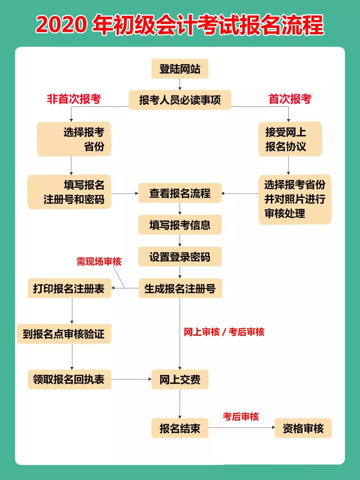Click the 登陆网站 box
tap(180, 69)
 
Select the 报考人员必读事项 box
tap(180, 100)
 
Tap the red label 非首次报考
tap(74, 99)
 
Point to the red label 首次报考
tap(290, 99)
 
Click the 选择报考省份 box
tap(74, 139)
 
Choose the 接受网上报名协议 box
tap(290, 139)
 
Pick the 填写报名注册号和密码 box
tap(69, 192)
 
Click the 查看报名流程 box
tap(180, 193)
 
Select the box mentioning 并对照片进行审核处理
tap(295, 199)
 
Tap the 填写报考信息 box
tap(180, 225)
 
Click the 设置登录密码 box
tap(180, 257)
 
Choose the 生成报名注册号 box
tap(180, 288)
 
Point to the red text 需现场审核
tap(99, 262)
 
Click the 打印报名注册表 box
tap(69, 288)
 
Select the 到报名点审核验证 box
tap(64, 334)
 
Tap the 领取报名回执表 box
tap(69, 379)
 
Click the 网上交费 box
tap(180, 379)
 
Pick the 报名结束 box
tap(180, 428)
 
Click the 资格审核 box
tap(303, 428)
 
